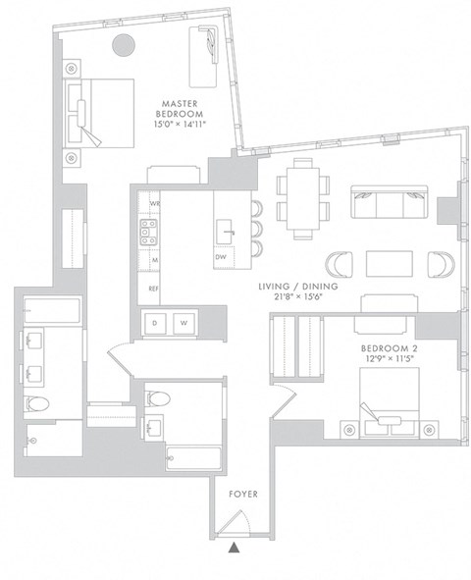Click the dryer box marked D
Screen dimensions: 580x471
[x=155, y=323]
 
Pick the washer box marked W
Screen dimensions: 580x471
[x=183, y=323]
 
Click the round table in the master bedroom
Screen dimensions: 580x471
[x=124, y=45]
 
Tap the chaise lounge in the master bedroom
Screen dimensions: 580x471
[x=207, y=44]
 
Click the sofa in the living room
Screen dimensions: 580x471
[x=390, y=203]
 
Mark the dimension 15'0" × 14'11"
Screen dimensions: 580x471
[x=182, y=125]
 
